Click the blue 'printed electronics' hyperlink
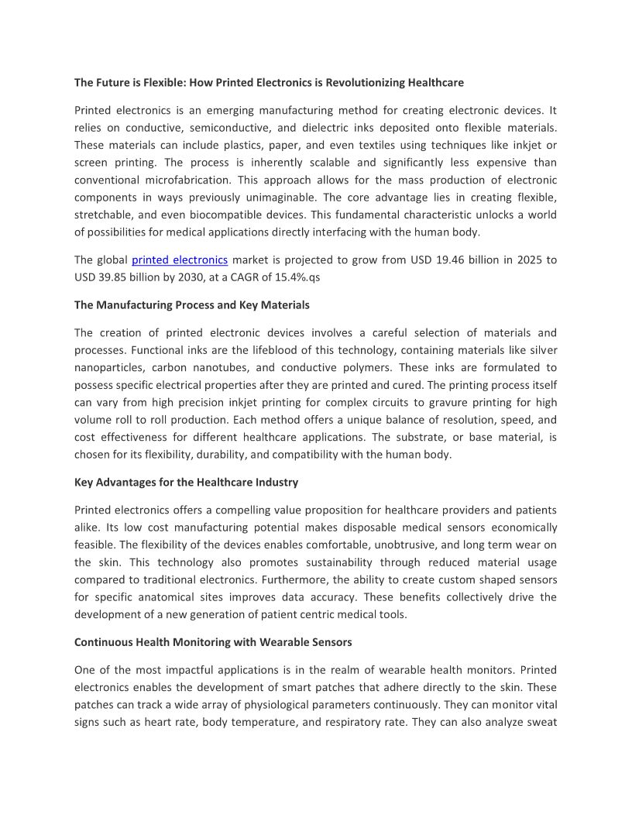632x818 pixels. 180,260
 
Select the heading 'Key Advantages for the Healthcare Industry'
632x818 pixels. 186,483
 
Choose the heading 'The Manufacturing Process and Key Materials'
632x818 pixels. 192,305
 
